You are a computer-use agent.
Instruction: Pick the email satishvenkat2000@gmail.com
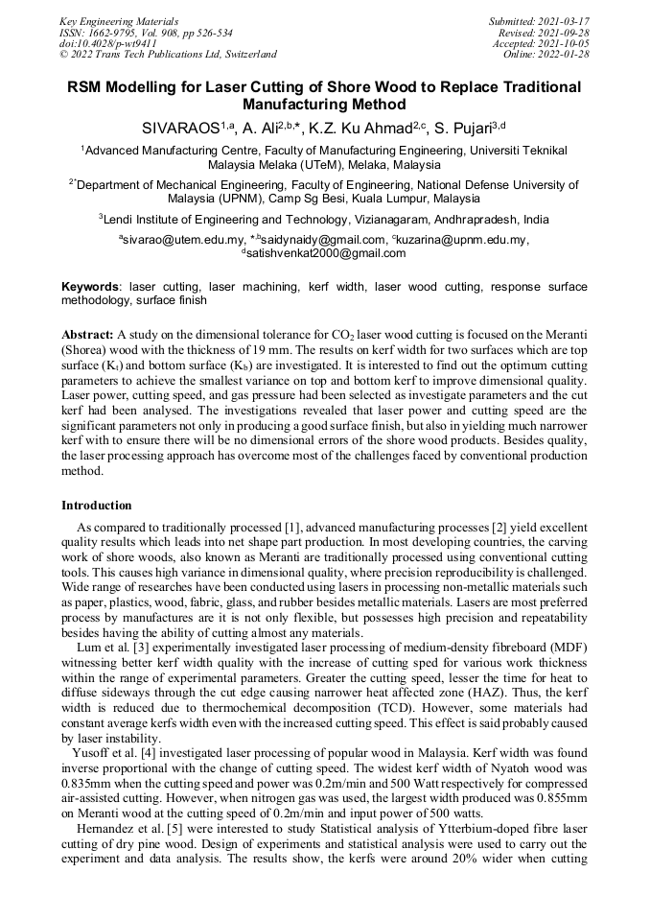point(324,253)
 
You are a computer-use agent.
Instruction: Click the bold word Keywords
point(91,287)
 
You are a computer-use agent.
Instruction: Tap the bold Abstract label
point(87,334)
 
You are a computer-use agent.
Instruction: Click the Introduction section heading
point(97,506)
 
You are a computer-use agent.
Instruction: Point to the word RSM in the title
point(88,87)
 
